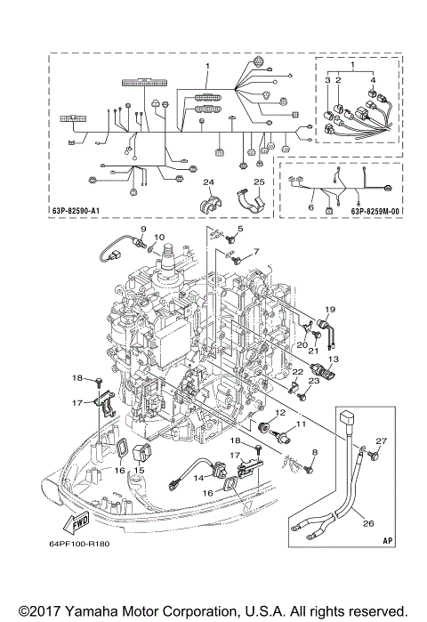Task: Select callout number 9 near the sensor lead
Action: pyautogui.click(x=141, y=230)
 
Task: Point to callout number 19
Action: pyautogui.click(x=328, y=309)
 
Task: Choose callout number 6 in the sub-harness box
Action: pyautogui.click(x=310, y=206)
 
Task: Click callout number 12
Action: pyautogui.click(x=278, y=413)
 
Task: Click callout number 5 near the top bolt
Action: pyautogui.click(x=238, y=230)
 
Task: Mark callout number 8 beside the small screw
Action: pyautogui.click(x=314, y=453)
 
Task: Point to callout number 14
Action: pyautogui.click(x=200, y=478)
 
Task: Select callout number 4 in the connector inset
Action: pyautogui.click(x=374, y=80)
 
